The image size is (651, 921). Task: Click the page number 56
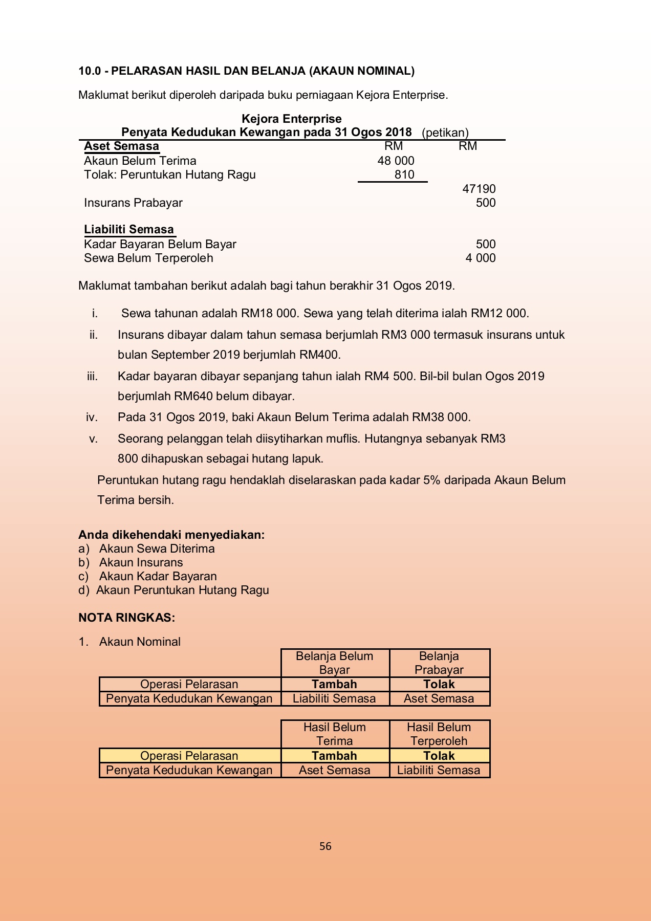click(x=325, y=846)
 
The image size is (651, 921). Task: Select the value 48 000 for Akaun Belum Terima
click(x=396, y=161)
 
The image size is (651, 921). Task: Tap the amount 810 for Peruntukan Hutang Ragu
click(x=404, y=174)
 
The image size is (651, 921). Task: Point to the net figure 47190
click(x=479, y=189)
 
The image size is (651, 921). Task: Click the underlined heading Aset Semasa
click(x=121, y=146)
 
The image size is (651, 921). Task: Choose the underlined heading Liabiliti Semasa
click(x=129, y=229)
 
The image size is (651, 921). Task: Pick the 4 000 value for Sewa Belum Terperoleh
click(x=480, y=258)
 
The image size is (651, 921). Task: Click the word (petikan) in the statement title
click(x=445, y=133)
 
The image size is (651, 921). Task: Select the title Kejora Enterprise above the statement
click(x=291, y=119)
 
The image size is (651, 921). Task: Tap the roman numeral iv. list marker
click(x=92, y=417)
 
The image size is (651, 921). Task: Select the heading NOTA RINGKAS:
click(x=126, y=618)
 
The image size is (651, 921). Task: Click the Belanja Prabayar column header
click(x=439, y=663)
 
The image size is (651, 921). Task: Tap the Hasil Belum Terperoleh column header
click(x=439, y=734)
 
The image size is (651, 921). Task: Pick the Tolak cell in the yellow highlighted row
click(x=439, y=756)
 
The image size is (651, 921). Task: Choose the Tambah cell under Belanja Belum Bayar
click(x=334, y=684)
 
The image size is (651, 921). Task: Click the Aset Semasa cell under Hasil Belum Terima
click(x=334, y=770)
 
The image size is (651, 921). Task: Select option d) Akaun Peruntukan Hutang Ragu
click(x=174, y=590)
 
